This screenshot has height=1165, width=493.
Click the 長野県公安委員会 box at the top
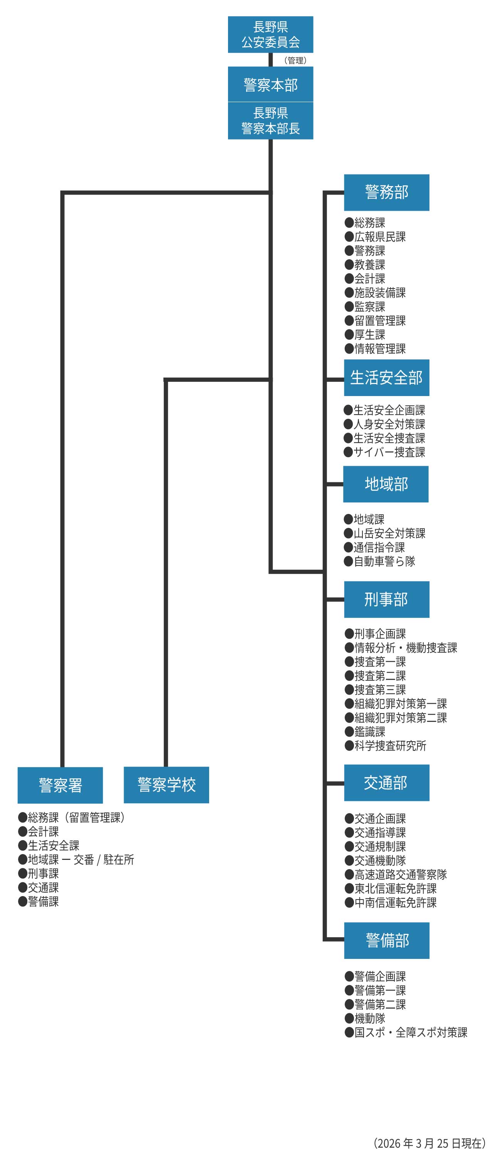270,34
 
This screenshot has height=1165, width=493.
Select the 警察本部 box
270,85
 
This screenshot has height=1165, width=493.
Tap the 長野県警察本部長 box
270,121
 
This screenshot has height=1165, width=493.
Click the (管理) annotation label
295,60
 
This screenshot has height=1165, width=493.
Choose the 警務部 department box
386,192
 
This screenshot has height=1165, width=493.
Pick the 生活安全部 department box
386,378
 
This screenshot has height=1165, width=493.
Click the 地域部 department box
386,484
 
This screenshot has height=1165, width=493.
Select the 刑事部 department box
386,599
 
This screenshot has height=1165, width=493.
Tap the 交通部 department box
386,782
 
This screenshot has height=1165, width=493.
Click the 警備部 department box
386,940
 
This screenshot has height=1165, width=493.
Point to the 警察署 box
60,785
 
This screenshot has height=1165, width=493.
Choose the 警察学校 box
166,785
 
